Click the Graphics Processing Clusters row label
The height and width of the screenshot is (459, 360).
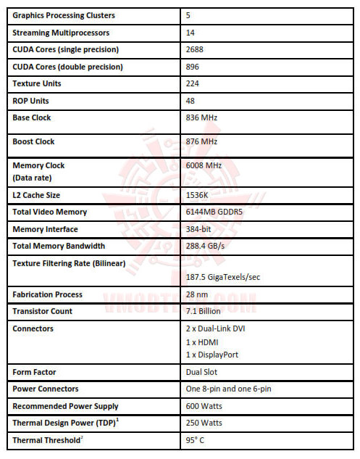[x=64, y=15]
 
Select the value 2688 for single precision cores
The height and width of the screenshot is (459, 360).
[x=196, y=49]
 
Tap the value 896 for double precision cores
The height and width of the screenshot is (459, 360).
[x=193, y=67]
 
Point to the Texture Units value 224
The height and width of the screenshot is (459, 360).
[x=193, y=83]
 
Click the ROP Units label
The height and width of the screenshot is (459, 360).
[x=31, y=101]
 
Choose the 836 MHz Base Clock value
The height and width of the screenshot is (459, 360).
[x=202, y=117]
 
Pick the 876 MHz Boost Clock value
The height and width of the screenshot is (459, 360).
[x=202, y=141]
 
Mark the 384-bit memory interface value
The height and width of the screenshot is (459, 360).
[x=199, y=228]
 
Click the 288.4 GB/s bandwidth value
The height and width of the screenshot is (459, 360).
[x=205, y=246]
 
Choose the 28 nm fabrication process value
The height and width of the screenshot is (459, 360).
[x=196, y=294]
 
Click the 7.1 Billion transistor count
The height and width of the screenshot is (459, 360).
[x=203, y=311]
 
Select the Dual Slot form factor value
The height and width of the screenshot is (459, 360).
[x=201, y=372]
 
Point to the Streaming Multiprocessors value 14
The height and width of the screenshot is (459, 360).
[x=191, y=33]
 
